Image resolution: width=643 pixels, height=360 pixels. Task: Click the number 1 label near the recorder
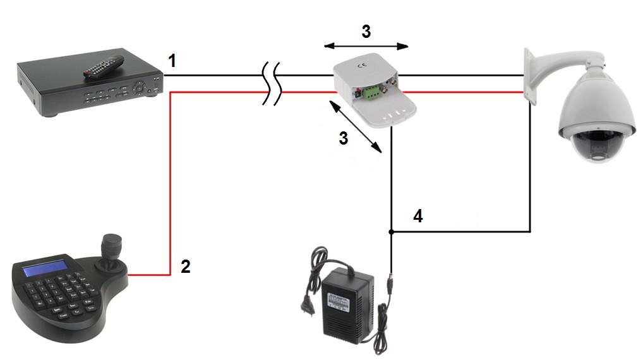(172, 61)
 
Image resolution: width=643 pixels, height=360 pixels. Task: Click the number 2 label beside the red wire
(185, 267)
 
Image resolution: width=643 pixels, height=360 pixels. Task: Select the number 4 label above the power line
(418, 216)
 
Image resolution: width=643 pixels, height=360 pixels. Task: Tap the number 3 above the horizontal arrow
(366, 32)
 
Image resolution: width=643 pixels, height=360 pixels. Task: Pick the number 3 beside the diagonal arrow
(343, 138)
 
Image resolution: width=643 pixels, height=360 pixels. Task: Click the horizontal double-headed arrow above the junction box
(366, 46)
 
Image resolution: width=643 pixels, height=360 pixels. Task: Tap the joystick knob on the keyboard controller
(112, 243)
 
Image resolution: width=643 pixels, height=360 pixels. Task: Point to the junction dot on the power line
(392, 232)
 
